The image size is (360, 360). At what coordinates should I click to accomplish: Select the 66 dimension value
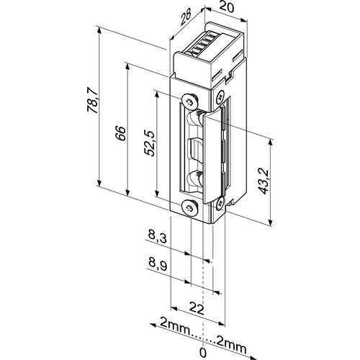point(120,133)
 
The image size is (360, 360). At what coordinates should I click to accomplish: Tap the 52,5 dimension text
point(150,143)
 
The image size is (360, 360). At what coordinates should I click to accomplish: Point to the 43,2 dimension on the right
point(264,181)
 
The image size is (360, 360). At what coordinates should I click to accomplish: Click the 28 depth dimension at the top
point(185,17)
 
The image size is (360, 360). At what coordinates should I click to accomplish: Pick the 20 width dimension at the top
point(226,8)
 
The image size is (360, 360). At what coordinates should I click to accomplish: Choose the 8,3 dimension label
point(157,237)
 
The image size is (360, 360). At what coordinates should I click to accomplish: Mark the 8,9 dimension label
point(158,264)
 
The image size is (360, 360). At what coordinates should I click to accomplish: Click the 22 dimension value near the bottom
point(197,309)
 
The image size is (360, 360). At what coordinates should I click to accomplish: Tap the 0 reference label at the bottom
point(203,353)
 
